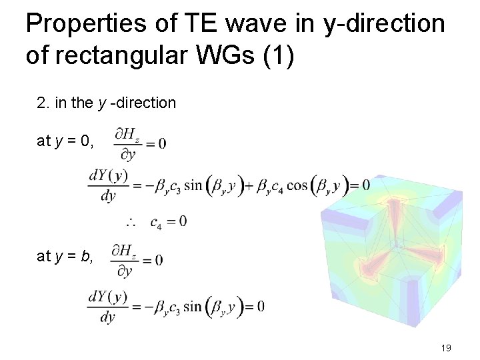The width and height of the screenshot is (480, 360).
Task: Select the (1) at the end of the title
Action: pyautogui.click(x=278, y=55)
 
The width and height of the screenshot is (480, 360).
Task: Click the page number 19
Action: pyautogui.click(x=447, y=348)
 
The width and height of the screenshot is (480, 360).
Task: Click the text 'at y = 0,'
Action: pyautogui.click(x=65, y=141)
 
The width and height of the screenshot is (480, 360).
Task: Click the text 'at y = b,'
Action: pyautogui.click(x=65, y=255)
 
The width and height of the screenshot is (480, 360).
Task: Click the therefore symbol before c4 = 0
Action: pyautogui.click(x=132, y=221)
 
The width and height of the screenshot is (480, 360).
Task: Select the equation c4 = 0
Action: pyautogui.click(x=168, y=221)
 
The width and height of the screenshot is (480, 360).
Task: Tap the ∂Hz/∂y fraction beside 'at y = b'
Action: pyautogui.click(x=125, y=259)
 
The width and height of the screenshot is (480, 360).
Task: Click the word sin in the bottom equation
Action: pyautogui.click(x=194, y=306)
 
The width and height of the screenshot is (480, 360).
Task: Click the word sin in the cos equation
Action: pyautogui.click(x=194, y=184)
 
